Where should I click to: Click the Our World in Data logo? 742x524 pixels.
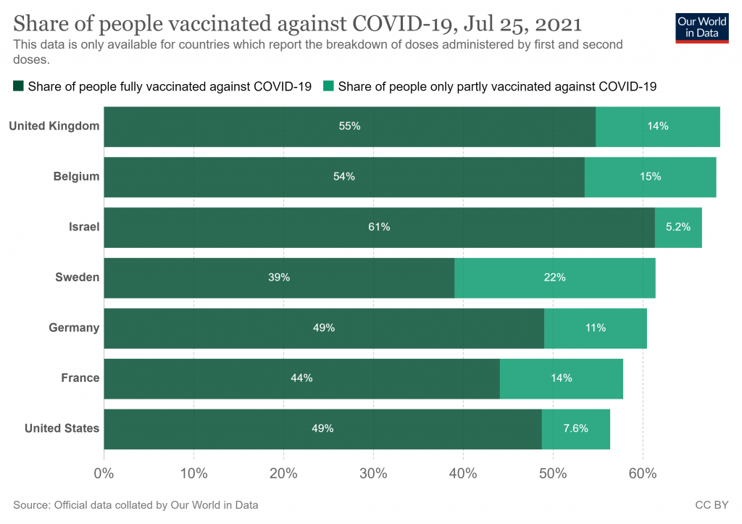click(x=701, y=27)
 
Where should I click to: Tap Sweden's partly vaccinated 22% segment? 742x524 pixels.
click(x=555, y=278)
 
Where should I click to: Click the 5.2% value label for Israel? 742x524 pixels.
click(x=678, y=227)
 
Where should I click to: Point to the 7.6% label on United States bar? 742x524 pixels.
click(x=576, y=428)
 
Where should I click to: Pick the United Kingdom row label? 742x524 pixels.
click(x=54, y=126)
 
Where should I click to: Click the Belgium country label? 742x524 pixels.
click(x=76, y=176)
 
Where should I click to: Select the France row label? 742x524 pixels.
click(x=80, y=378)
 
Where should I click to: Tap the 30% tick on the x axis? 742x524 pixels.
click(x=373, y=474)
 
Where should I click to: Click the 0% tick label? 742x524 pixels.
click(x=104, y=474)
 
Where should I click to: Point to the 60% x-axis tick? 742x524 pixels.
click(x=642, y=474)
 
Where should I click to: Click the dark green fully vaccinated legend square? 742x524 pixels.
click(x=18, y=87)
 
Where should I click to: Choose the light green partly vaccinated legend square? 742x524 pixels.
click(x=328, y=87)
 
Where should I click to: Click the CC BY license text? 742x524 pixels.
click(x=712, y=504)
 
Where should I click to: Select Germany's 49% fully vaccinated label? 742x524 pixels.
click(x=324, y=328)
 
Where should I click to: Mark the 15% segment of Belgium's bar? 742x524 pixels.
click(x=650, y=177)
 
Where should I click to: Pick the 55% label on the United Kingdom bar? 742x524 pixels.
click(x=349, y=126)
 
